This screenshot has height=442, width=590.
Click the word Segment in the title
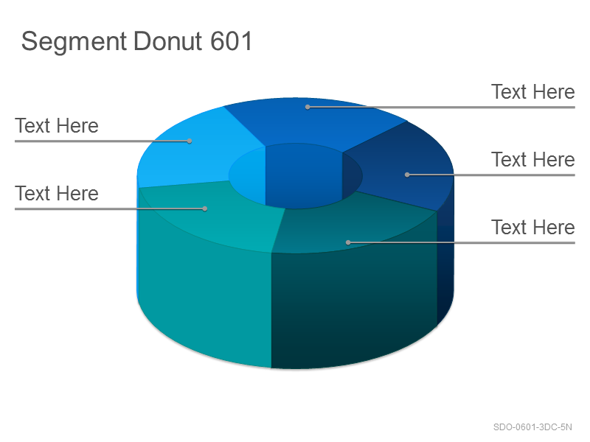pos(74,42)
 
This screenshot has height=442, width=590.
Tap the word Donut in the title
pos(167,41)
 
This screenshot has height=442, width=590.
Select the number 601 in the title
pos(231,41)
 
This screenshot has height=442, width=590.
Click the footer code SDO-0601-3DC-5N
pos(532,427)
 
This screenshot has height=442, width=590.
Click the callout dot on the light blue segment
pos(190,141)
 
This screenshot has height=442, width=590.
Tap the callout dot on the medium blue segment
pos(308,107)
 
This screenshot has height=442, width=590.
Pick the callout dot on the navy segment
pos(407,175)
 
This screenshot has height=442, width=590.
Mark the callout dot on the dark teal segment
pos(348,243)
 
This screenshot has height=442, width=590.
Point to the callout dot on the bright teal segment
pos(205,208)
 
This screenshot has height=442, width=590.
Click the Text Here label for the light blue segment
pos(57,125)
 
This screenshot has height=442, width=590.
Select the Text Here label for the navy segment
pos(532,159)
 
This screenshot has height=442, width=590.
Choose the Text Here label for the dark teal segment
pos(532,227)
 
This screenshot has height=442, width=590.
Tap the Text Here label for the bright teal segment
pos(57,193)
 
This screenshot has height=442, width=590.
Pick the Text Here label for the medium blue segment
pos(532,91)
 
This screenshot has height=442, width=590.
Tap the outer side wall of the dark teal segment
pos(354,308)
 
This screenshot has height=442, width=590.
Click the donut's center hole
pos(296,176)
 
